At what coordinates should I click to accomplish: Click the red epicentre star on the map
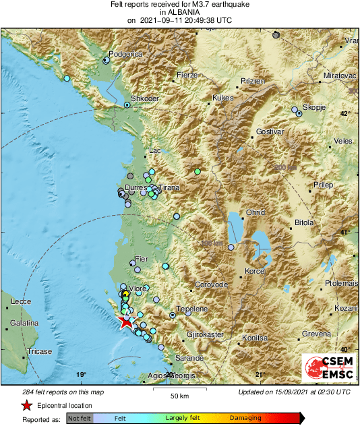pyautogui.click(x=127, y=322)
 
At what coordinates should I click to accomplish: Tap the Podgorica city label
pyautogui.click(x=127, y=54)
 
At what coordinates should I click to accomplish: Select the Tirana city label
pyautogui.click(x=169, y=189)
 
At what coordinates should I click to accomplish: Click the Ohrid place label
pyautogui.click(x=256, y=212)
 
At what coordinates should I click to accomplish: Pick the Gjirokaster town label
pyautogui.click(x=205, y=334)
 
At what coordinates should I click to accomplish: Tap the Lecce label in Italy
pyautogui.click(x=21, y=302)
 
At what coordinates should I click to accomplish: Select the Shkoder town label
pyautogui.click(x=144, y=98)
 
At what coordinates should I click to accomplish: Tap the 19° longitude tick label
pyautogui.click(x=82, y=375)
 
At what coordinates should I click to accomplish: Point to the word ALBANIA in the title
pyautogui.click(x=180, y=12)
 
